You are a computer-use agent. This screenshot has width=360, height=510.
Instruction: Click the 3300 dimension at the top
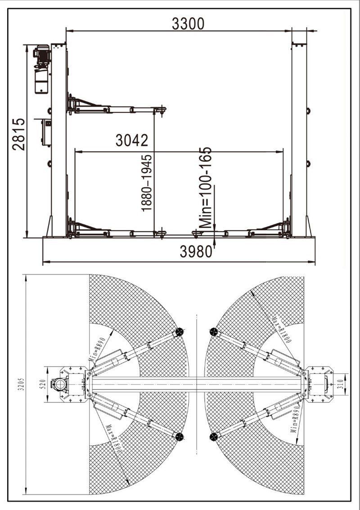188,24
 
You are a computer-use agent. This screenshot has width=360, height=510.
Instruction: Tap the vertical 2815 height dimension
18,134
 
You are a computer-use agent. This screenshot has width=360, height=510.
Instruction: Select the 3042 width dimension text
132,140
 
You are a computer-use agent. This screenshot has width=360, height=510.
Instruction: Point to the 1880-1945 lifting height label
146,183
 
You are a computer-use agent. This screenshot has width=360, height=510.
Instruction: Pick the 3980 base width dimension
196,251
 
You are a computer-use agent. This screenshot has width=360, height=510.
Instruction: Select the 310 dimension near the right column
340,385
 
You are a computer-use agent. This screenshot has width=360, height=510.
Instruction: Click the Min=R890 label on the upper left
97,349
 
